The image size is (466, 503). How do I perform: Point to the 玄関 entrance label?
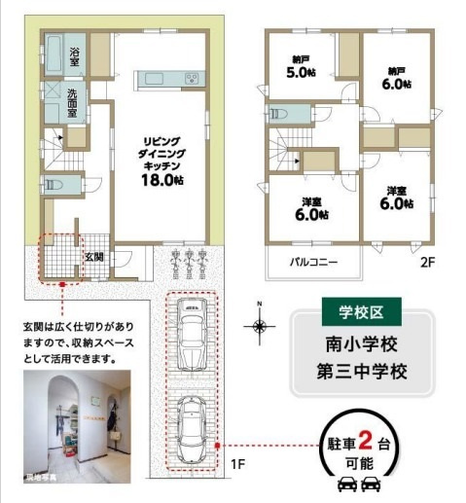[92, 257]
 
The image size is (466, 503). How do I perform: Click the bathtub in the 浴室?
[54, 51]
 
